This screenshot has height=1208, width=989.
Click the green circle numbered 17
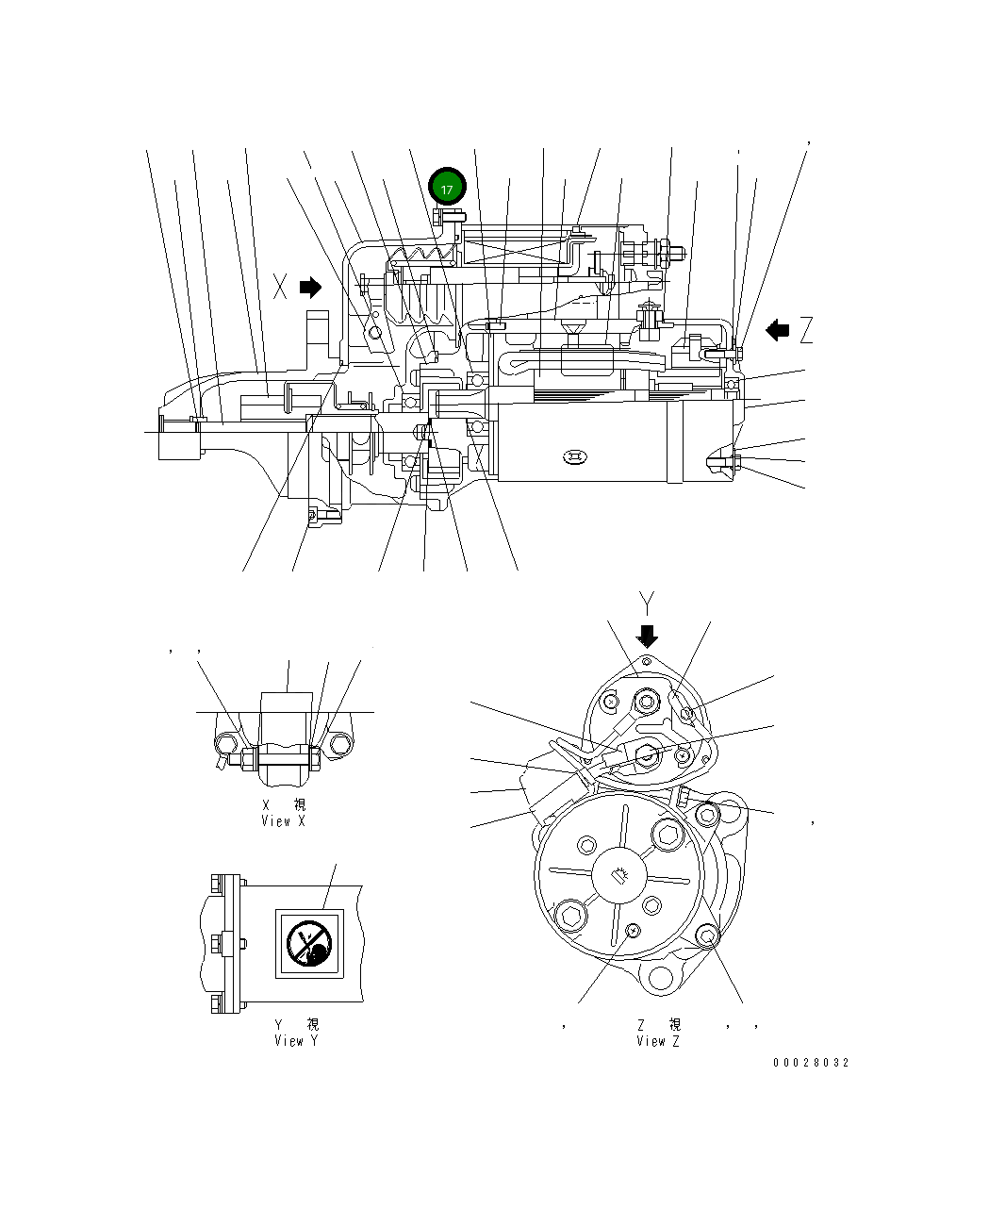coord(447,189)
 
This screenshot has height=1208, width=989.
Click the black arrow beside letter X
coord(310,287)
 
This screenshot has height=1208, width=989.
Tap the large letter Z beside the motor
coord(805,330)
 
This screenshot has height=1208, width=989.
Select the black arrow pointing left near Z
coord(777,330)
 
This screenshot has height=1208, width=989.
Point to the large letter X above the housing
coord(280,287)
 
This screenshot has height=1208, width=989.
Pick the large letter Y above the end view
coord(647,601)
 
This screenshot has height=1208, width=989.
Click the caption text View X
coord(283,821)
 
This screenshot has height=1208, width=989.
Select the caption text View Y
coord(288,1041)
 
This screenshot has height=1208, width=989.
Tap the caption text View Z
coord(657,1041)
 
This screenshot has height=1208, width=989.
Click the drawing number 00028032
coord(811,1063)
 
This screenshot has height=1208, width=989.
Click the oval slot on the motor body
coord(573,458)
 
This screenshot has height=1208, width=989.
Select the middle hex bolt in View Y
coord(219,941)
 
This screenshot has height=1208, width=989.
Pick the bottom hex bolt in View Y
coord(219,1001)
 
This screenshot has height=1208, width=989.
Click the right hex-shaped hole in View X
coord(339,745)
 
